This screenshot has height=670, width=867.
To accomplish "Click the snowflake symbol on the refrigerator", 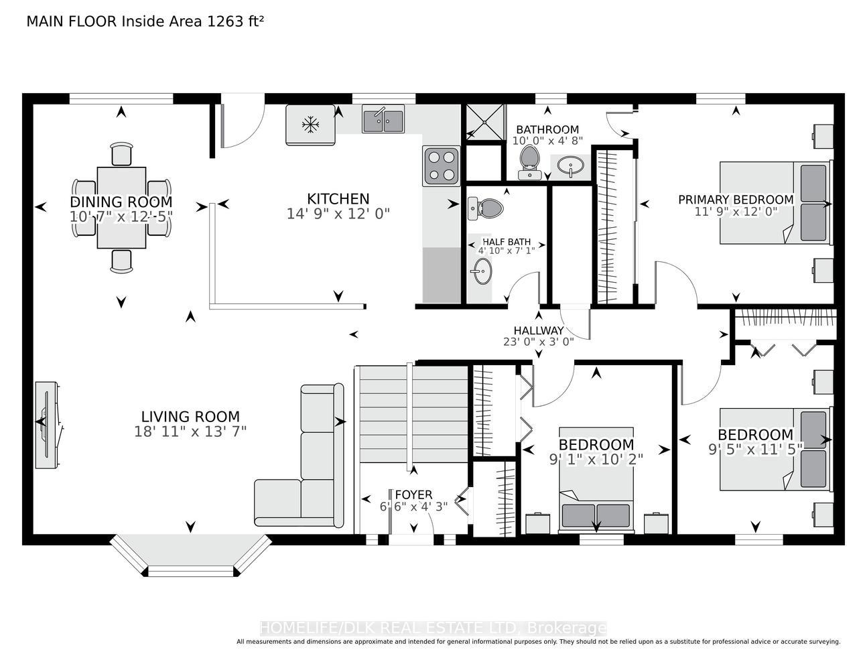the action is [310, 125].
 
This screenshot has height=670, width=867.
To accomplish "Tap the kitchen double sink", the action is [383, 119].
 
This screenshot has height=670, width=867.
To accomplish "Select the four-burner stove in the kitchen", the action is [442, 166].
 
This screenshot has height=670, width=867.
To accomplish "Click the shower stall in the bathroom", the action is [484, 122].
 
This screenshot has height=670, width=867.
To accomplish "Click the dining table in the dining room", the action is [121, 208].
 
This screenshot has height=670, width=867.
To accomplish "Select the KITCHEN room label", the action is [338, 198].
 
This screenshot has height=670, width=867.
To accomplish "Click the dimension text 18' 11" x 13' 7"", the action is [190, 431].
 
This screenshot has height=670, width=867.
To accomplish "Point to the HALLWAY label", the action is [538, 330].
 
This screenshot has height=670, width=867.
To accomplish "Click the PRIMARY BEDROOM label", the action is [736, 200].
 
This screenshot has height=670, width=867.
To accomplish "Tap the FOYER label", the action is [413, 495].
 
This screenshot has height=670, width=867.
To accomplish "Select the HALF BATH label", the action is [507, 242].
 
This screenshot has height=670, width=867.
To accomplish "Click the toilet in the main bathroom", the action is [529, 162].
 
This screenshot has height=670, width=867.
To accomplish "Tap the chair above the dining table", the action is [121, 153].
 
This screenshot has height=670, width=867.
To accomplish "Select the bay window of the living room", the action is [191, 555].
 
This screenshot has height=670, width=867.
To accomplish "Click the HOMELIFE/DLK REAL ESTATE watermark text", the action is [433, 628].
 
